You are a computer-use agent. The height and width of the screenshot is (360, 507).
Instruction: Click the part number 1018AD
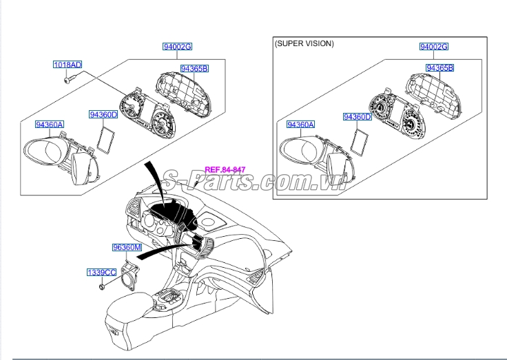(68, 65)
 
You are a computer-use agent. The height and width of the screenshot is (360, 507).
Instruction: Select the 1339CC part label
(101, 273)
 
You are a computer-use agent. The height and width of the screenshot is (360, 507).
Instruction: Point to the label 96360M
(127, 247)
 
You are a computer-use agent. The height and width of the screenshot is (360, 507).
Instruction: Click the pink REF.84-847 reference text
(225, 170)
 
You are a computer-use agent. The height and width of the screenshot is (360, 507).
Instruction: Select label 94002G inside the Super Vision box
(434, 47)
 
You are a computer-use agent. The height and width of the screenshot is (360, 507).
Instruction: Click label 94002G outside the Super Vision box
(177, 47)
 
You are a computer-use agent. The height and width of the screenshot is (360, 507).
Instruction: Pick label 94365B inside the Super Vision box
(439, 68)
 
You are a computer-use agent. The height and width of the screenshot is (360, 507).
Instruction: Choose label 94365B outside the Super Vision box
(194, 68)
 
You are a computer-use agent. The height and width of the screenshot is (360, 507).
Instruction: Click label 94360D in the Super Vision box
(358, 117)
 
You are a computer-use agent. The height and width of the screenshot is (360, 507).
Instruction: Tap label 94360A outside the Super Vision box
(50, 125)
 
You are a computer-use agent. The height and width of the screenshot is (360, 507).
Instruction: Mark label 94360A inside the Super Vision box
(300, 125)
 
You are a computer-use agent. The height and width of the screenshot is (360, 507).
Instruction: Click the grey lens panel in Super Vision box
(359, 142)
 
